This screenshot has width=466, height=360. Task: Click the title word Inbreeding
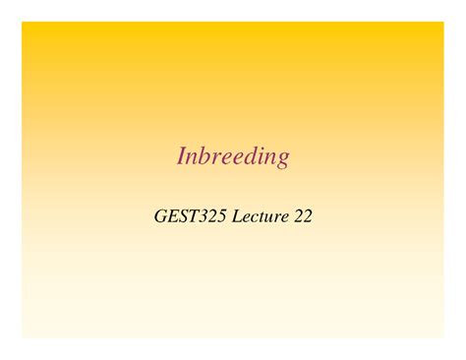click(233, 157)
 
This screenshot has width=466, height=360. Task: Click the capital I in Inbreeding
click(182, 156)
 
